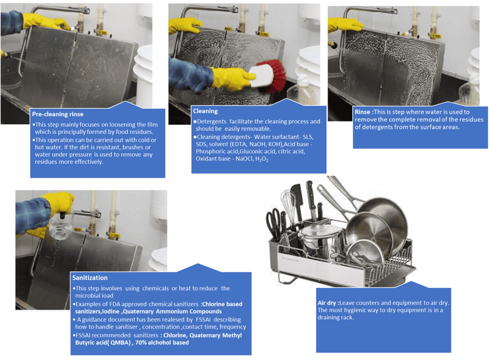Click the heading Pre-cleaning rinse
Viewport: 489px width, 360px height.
point(57,114)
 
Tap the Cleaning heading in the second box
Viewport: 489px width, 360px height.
point(205,111)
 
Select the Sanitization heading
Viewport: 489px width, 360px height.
point(90,278)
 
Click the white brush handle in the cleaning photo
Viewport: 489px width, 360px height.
point(261,75)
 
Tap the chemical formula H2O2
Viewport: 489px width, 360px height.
point(262,159)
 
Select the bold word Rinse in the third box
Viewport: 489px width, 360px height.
point(362,112)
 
